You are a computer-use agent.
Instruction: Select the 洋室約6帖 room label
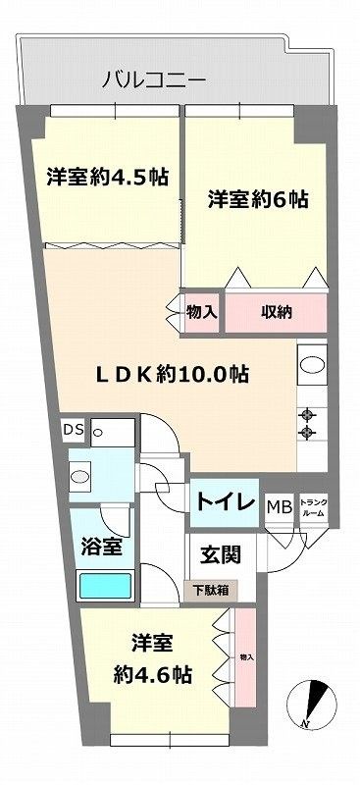pos(258,200)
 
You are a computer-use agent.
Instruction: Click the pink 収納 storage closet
pos(275,314)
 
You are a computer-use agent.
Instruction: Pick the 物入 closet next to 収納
pos(202,314)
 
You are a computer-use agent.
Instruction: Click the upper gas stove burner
pos(310,413)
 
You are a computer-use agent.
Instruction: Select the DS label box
pos(74,428)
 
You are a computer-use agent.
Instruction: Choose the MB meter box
pos(280,506)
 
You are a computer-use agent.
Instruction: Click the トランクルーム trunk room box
pos(314,506)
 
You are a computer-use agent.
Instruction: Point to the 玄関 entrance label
pos(221,554)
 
